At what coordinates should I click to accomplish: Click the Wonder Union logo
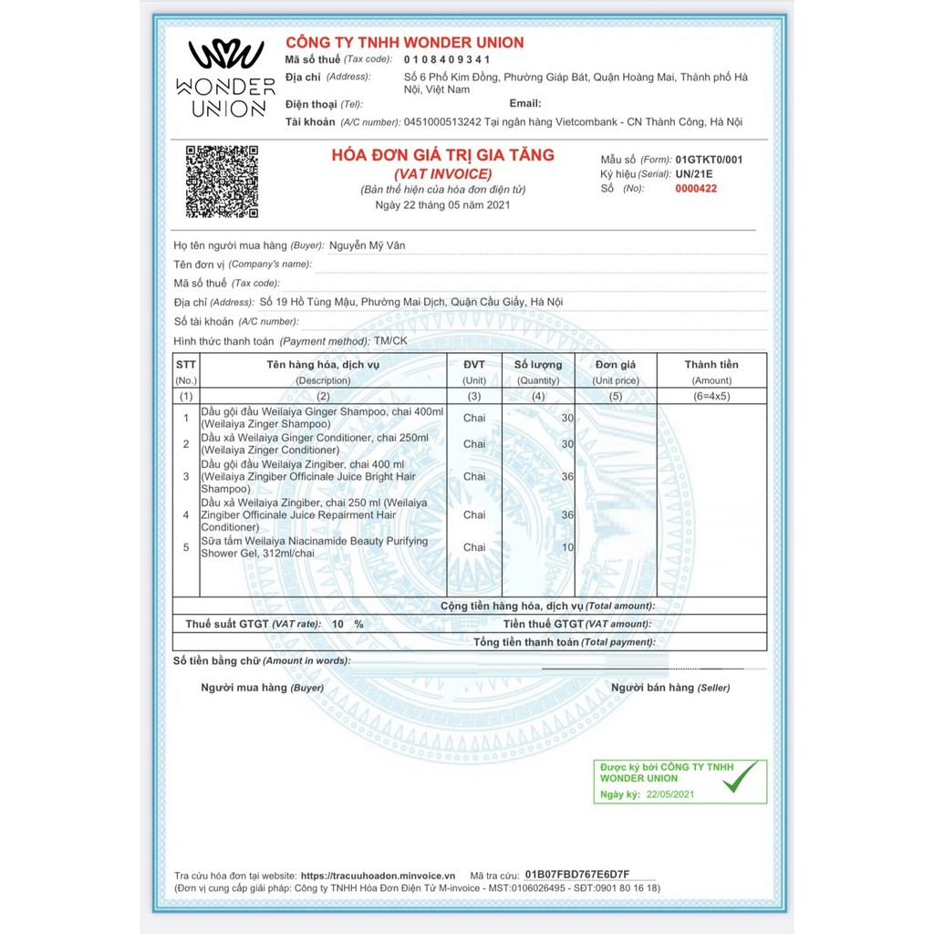pos(225,78)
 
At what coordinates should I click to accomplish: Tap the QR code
pos(222,182)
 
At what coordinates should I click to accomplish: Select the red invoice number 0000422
pos(697,189)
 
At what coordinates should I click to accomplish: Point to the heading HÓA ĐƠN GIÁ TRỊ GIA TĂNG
pos(442,155)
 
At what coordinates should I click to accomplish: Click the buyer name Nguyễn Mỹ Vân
pos(367,245)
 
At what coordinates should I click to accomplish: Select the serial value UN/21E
pos(696,173)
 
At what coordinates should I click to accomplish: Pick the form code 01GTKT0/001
pos(709,160)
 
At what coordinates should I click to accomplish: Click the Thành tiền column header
pos(711,365)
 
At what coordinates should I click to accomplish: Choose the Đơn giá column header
pos(615,365)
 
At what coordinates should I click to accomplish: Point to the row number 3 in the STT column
pos(186,476)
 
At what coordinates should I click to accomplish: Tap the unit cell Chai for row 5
pos(474,547)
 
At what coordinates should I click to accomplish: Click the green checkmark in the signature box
pos(740,778)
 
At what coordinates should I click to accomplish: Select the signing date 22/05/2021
pos(670,794)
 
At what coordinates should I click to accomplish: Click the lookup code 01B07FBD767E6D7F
pos(577,874)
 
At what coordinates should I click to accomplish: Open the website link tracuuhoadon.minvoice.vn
pos(378,874)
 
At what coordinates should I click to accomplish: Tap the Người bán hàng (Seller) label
pos(670,688)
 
